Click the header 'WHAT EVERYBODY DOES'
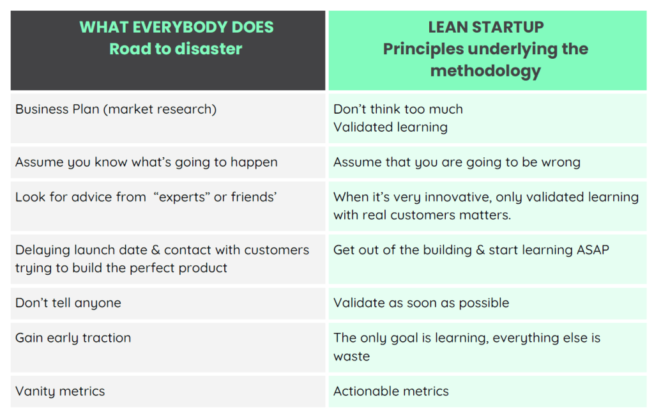[176, 27]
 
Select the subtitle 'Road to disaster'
[176, 49]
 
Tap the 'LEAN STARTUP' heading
[486, 27]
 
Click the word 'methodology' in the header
[485, 71]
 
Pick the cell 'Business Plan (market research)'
[116, 109]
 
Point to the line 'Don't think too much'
[398, 109]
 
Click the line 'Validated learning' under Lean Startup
[390, 127]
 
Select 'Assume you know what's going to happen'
[146, 162]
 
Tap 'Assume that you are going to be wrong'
[457, 162]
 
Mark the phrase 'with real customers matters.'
[422, 215]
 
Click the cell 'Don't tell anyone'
[68, 303]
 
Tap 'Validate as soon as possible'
[421, 303]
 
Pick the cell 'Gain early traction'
[73, 338]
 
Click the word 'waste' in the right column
[351, 356]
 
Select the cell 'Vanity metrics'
[60, 391]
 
